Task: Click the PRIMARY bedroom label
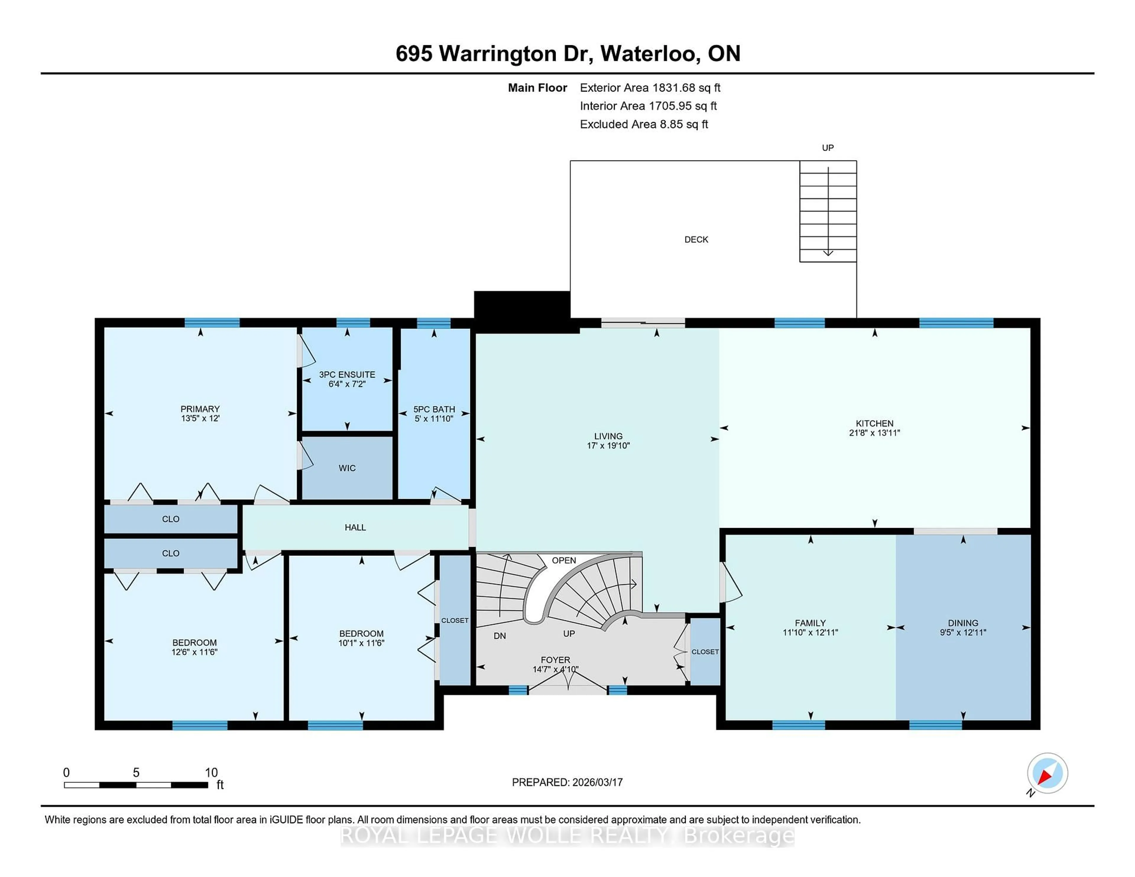(200, 409)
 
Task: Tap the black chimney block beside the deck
(522, 306)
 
